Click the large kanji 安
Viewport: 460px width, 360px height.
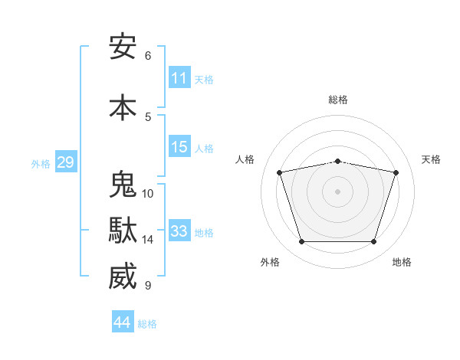[x=123, y=47]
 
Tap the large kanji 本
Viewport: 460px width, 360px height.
[x=123, y=107]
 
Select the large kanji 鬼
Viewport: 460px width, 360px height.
[x=123, y=184]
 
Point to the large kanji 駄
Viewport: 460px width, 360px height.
[x=123, y=230]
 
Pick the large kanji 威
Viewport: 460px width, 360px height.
[x=123, y=276]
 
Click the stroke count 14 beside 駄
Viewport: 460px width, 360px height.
[x=147, y=240]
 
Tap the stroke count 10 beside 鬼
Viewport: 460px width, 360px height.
[x=147, y=194]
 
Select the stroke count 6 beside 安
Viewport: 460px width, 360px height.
[x=148, y=56]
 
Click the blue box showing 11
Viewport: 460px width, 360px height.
[x=179, y=77]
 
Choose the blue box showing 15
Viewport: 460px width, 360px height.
[x=179, y=146]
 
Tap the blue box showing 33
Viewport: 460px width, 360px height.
[x=179, y=230]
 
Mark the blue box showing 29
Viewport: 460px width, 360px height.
[x=66, y=162]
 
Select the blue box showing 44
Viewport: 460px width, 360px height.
[x=123, y=321]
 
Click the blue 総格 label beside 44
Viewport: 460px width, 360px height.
[x=147, y=324]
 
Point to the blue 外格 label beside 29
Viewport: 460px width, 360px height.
[x=41, y=164]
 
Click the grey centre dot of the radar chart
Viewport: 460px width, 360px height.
[x=337, y=191]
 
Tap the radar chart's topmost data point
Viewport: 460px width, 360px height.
[x=337, y=162]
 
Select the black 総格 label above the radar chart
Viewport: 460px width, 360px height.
[x=338, y=100]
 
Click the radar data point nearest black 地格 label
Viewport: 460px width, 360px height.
[x=373, y=241]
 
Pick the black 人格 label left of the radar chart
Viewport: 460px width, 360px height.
[x=245, y=159]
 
